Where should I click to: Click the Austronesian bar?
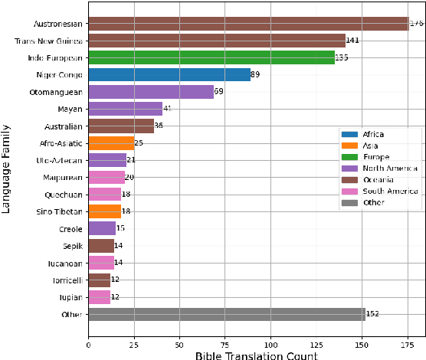tap(248, 24)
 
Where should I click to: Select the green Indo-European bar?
tap(211, 57)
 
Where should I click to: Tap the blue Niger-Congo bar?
tap(169, 74)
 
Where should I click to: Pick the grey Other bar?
tap(227, 314)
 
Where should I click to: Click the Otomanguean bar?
tap(151, 92)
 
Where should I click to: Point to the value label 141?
tap(352, 41)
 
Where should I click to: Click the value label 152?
tap(372, 314)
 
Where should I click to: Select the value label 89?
tap(257, 75)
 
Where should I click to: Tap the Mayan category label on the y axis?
tap(71, 109)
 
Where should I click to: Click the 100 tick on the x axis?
tap(270, 345)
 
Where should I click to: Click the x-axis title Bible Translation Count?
tap(256, 355)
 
